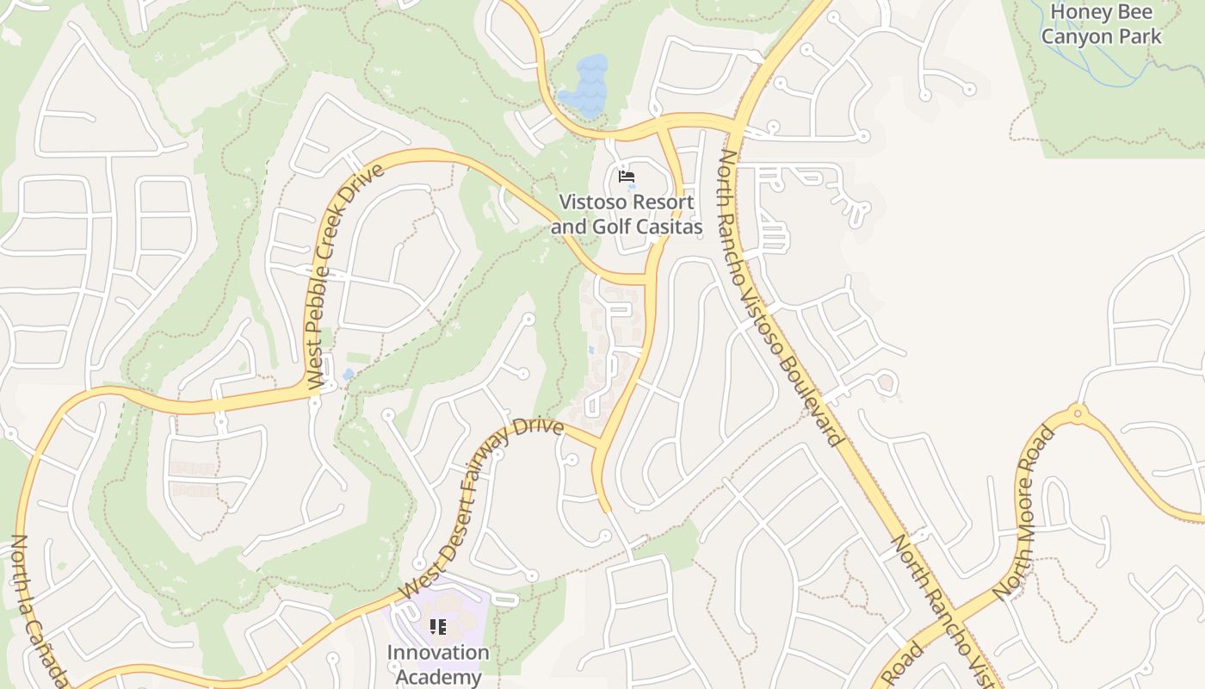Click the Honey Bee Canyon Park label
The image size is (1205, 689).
pyautogui.click(x=1101, y=24)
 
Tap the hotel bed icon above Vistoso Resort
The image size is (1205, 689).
pyautogui.click(x=627, y=177)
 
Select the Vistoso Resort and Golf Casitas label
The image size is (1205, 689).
pyautogui.click(x=626, y=214)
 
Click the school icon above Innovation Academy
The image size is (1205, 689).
pyautogui.click(x=437, y=627)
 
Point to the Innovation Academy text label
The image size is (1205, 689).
pyautogui.click(x=437, y=664)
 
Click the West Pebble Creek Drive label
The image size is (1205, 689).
pyautogui.click(x=344, y=276)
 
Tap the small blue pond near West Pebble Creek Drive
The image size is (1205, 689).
pyautogui.click(x=348, y=375)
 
